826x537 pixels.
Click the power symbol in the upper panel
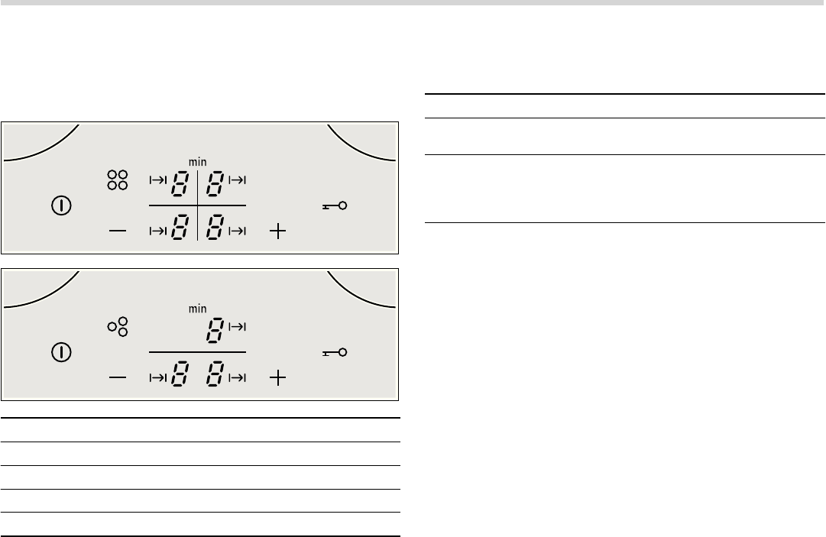coord(61,205)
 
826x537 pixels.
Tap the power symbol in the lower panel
coord(61,352)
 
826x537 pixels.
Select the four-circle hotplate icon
coord(118,180)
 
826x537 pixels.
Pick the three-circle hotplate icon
coord(118,326)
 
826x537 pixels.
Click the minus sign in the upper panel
coord(118,231)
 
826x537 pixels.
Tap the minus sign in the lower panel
coord(118,377)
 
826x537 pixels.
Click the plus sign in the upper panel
coord(277,231)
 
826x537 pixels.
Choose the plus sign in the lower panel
coord(277,377)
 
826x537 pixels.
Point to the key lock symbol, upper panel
coord(335,205)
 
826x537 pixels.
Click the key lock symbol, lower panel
coord(335,352)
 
